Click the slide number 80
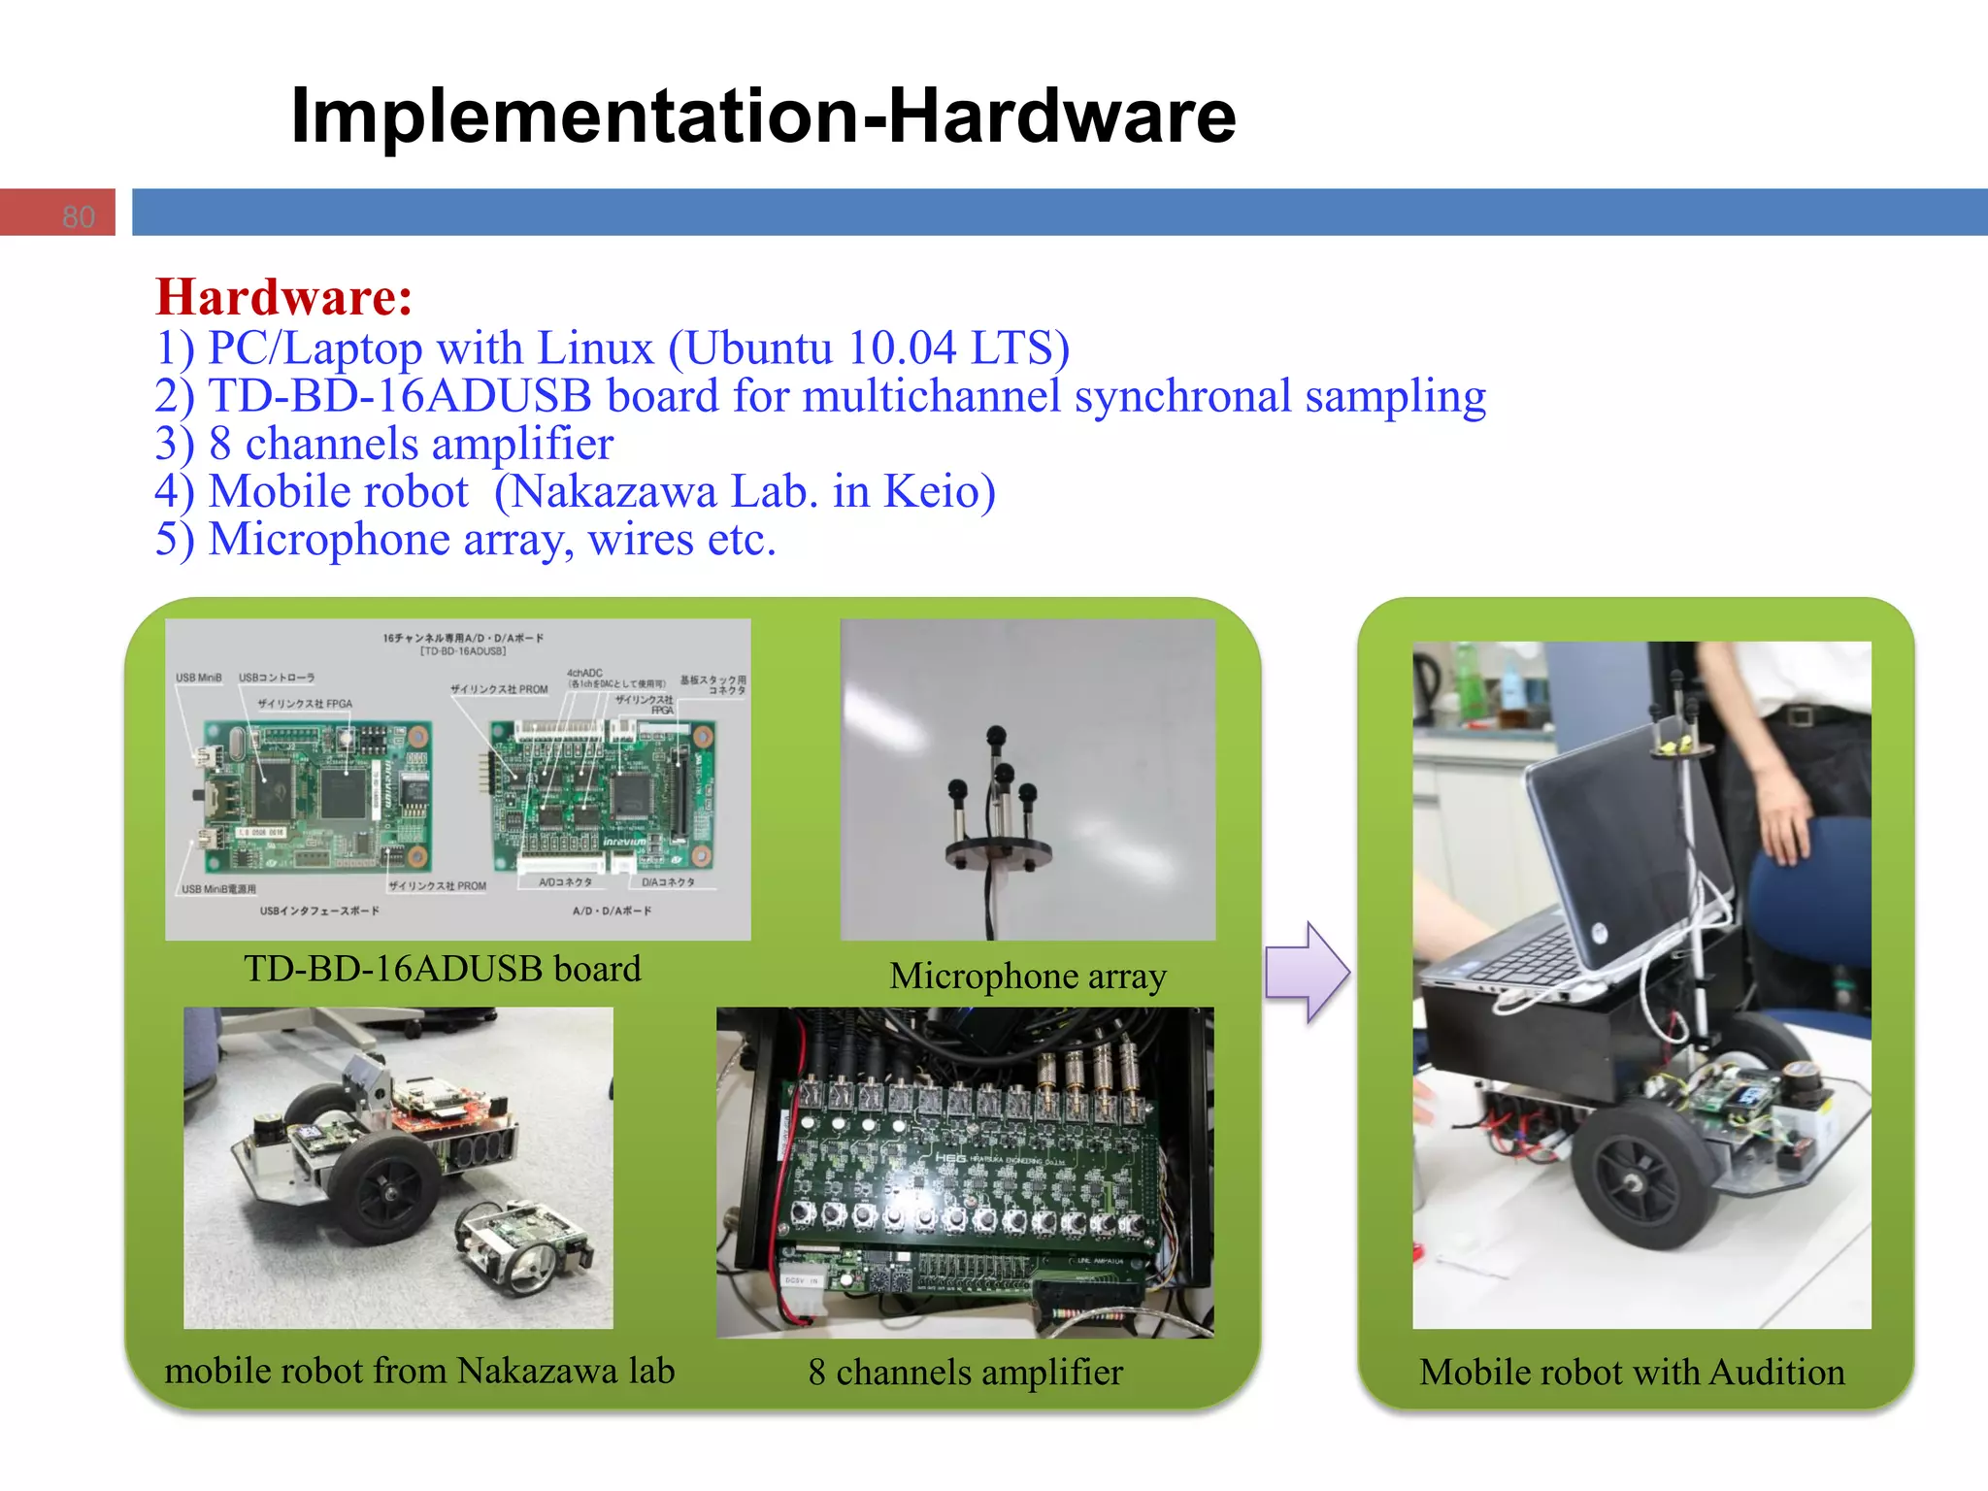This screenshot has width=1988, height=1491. pyautogui.click(x=79, y=215)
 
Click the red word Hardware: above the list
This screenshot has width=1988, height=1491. pyautogui.click(x=283, y=297)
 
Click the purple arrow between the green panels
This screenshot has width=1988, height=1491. pyautogui.click(x=1307, y=972)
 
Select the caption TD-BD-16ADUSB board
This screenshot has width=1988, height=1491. pyautogui.click(x=442, y=969)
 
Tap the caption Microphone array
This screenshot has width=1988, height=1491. pyautogui.click(x=1027, y=976)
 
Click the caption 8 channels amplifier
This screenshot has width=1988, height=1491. pyautogui.click(x=965, y=1372)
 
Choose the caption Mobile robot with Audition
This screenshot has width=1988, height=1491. pyautogui.click(x=1632, y=1372)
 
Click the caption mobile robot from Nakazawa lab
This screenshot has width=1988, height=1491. pyautogui.click(x=419, y=1371)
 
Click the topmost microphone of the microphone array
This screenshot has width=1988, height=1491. pyautogui.click(x=995, y=736)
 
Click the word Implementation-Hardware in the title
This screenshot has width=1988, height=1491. pyautogui.click(x=763, y=116)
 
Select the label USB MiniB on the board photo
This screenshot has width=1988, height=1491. pyautogui.click(x=198, y=678)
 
